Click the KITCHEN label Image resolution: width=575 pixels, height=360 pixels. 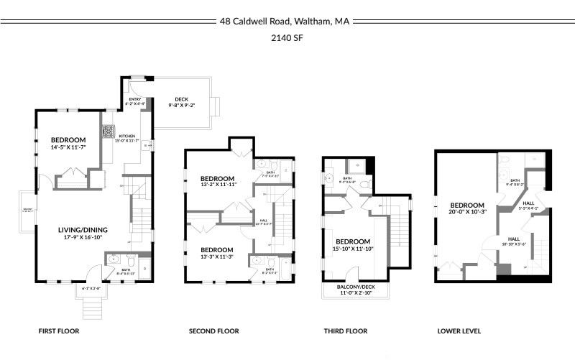126,136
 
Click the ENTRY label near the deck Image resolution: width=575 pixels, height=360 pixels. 135,99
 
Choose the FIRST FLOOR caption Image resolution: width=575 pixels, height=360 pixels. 59,331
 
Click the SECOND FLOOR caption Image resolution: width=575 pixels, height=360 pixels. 213,331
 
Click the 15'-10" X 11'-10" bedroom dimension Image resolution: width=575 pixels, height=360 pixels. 353,249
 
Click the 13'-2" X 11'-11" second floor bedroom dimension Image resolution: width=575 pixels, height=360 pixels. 218,185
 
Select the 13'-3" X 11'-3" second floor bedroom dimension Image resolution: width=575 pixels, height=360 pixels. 218,257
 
